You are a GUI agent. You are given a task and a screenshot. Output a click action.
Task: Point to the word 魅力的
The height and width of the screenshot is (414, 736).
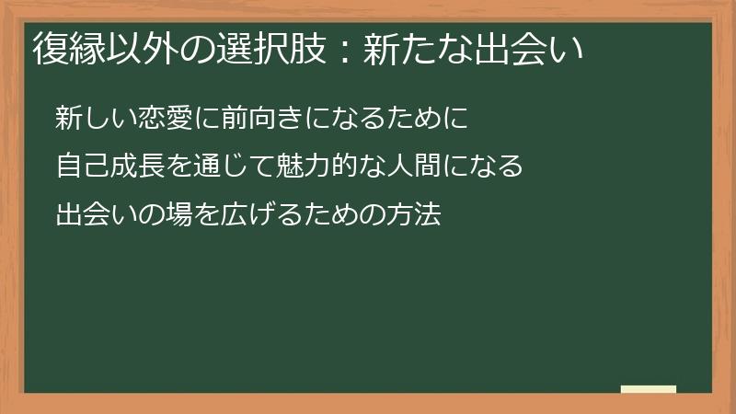tap(325, 167)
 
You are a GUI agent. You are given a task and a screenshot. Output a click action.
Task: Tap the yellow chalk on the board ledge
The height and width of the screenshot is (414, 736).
tap(649, 389)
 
